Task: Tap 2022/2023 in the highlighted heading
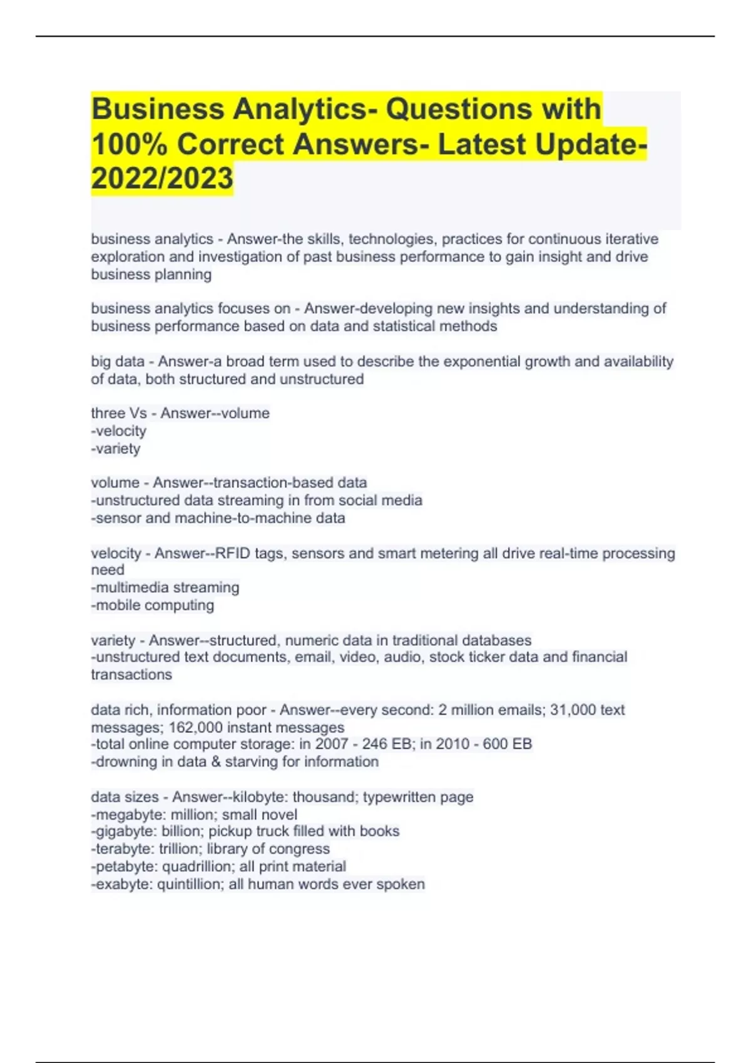coord(162,178)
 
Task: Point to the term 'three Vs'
coord(118,413)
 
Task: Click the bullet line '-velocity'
coord(119,431)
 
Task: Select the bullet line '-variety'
coord(116,448)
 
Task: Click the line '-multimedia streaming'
coord(165,588)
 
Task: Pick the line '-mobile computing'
coord(153,605)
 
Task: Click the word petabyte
coord(124,867)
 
